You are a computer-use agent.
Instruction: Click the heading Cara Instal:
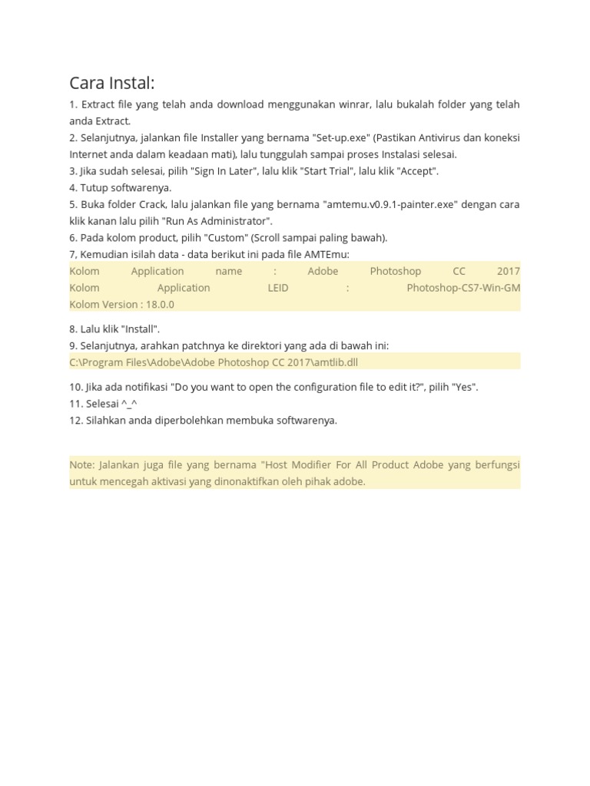pos(111,83)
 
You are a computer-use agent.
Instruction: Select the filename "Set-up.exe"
pos(340,138)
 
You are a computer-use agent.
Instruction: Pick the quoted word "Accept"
pos(415,171)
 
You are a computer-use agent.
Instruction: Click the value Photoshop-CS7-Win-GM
pos(463,288)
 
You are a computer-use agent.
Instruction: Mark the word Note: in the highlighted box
pos(81,465)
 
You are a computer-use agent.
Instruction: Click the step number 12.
pos(75,421)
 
